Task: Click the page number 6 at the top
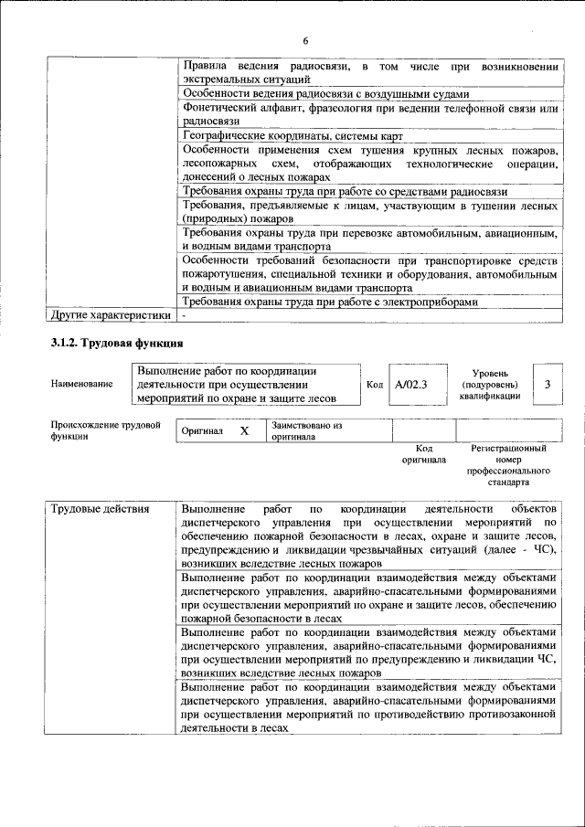(306, 39)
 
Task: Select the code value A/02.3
(411, 384)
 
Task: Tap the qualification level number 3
(547, 384)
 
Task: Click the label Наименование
(82, 385)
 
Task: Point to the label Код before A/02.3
(374, 385)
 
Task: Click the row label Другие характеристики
(110, 316)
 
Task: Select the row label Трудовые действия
(95, 508)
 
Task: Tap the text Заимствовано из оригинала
(304, 431)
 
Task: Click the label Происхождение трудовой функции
(105, 431)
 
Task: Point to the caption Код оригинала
(423, 454)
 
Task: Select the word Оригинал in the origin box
(202, 430)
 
